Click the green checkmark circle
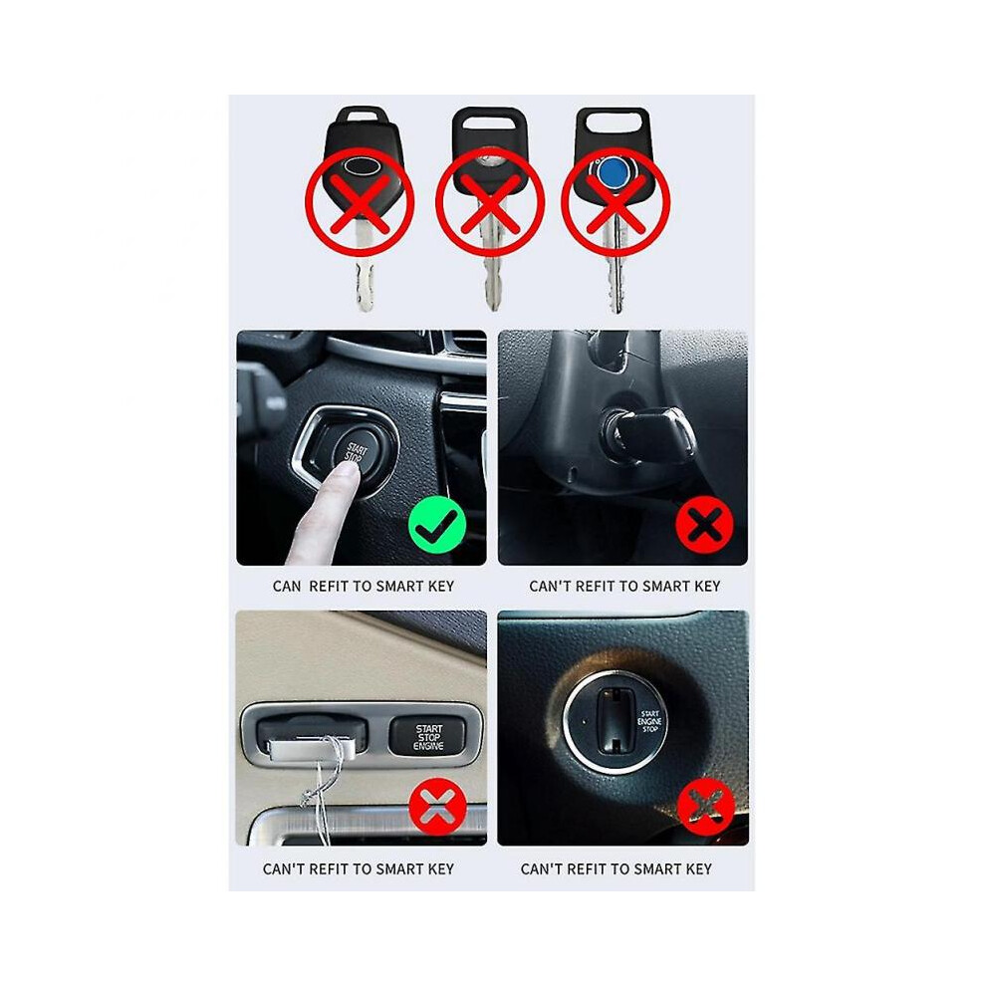(x=437, y=525)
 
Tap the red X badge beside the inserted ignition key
(x=704, y=525)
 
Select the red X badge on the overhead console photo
(x=437, y=807)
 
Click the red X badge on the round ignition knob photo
(x=705, y=807)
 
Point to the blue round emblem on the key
(x=610, y=172)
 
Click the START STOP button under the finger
(x=356, y=454)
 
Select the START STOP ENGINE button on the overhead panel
(x=427, y=736)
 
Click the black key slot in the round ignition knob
(x=615, y=721)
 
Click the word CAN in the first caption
(x=287, y=586)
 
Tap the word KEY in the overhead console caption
(x=440, y=869)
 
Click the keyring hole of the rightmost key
(x=612, y=122)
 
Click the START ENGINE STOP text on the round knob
(x=649, y=721)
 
